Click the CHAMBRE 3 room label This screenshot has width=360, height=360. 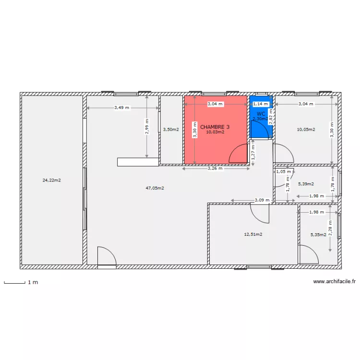click(x=215, y=127)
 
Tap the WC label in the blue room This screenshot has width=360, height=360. click(x=261, y=114)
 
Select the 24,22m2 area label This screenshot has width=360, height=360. click(x=52, y=180)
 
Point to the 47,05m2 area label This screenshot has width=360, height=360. click(x=155, y=188)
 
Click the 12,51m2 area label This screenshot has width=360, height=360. click(x=253, y=234)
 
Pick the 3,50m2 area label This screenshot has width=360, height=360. click(x=171, y=129)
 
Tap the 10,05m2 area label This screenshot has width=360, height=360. click(x=306, y=129)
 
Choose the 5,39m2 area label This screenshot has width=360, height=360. click(x=306, y=183)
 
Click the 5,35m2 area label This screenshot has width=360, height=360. click(x=318, y=235)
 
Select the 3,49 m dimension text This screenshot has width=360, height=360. click(x=121, y=108)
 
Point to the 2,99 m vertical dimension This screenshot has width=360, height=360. click(x=147, y=127)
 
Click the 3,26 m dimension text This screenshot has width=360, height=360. click(x=215, y=168)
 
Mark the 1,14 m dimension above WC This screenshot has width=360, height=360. click(x=261, y=104)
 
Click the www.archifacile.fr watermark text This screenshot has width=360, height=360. click(x=334, y=282)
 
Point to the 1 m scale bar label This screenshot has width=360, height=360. click(x=33, y=282)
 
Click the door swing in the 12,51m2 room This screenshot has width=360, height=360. click(x=260, y=213)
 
